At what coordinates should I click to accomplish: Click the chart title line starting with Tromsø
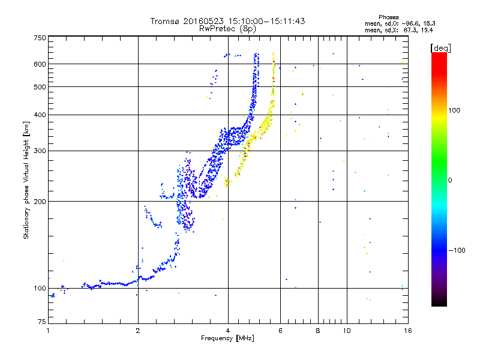click(x=227, y=21)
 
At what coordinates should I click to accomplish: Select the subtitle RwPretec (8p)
click(x=227, y=28)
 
